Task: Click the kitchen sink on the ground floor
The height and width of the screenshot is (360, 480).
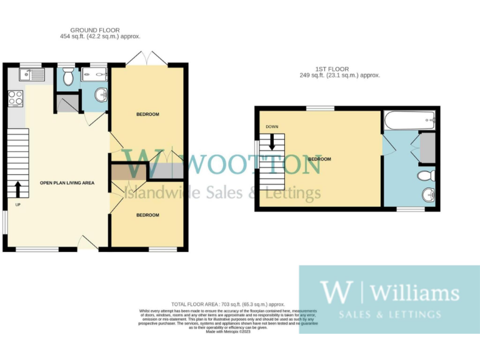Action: (26, 76)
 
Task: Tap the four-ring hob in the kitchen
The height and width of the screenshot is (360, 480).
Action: (16, 98)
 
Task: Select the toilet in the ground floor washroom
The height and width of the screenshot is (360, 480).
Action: (67, 77)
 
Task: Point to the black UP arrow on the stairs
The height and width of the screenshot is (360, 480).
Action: (18, 187)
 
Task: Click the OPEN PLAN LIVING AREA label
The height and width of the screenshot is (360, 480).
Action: (67, 183)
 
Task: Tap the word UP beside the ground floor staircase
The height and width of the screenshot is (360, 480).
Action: (17, 204)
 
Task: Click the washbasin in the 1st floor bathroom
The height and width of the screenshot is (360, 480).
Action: (428, 196)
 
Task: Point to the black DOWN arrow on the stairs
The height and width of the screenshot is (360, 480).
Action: (272, 142)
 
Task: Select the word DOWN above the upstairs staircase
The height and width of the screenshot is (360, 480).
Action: (272, 127)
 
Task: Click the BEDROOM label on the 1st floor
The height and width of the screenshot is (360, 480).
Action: (319, 159)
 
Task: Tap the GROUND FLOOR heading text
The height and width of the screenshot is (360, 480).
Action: (95, 30)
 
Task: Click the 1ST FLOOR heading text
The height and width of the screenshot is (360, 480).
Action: (331, 69)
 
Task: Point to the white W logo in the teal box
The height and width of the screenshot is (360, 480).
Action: (337, 292)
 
